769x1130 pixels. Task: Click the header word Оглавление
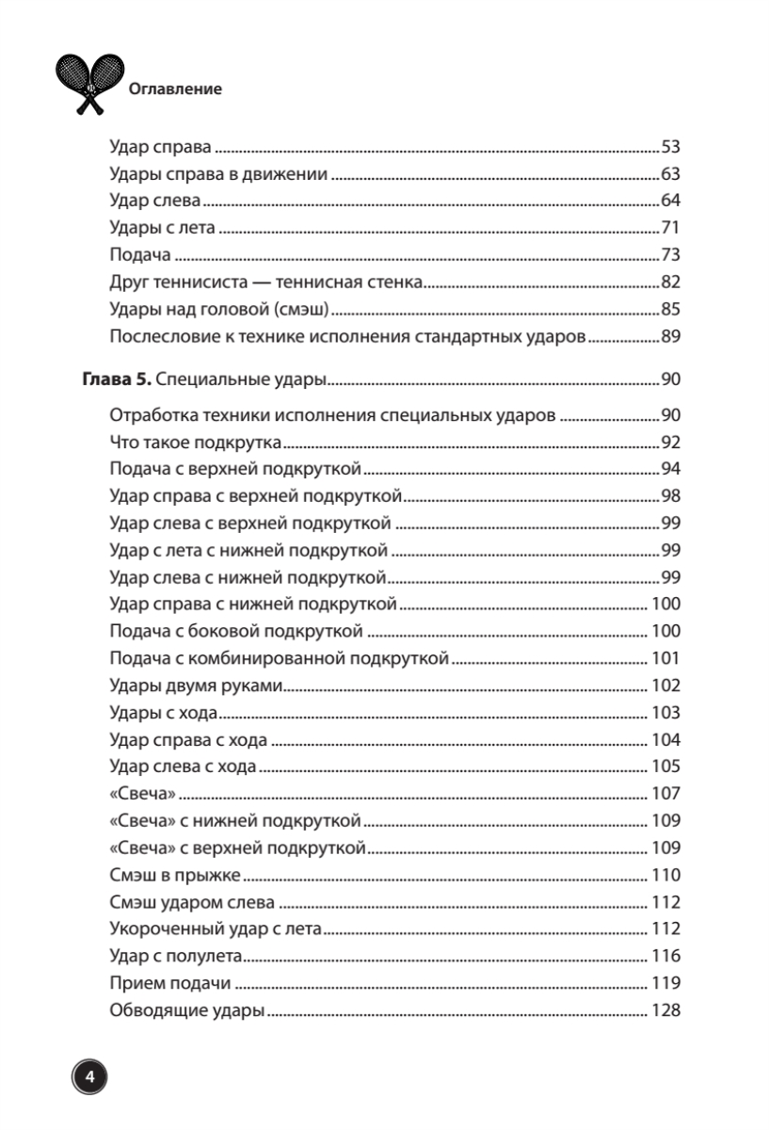coord(174,89)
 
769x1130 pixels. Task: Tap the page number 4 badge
coord(88,1075)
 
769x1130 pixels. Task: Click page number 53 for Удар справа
coord(670,148)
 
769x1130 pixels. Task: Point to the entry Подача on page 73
coord(139,256)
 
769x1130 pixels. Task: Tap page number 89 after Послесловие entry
coord(670,337)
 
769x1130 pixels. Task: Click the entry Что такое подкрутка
coord(198,442)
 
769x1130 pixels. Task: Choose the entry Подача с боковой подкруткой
coord(236,631)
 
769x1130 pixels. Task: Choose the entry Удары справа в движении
coord(218,175)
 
